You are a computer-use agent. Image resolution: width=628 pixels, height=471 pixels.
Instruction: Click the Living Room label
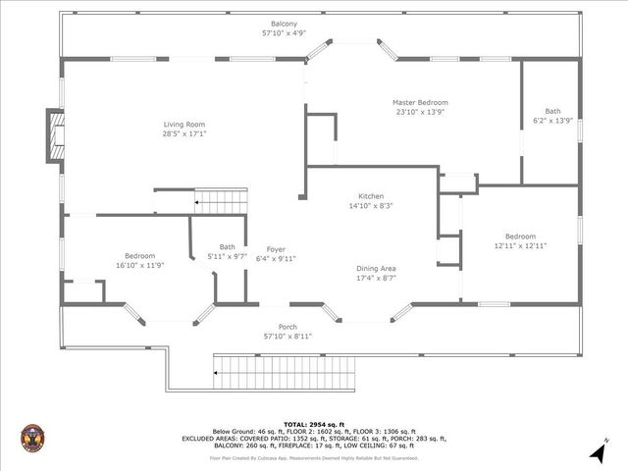[x=184, y=125]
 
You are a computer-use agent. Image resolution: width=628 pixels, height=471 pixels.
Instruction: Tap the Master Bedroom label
[x=420, y=103]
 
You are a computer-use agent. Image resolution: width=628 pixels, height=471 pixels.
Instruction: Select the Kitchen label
[x=371, y=196]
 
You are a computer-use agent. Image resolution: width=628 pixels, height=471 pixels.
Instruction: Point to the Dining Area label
[x=376, y=268]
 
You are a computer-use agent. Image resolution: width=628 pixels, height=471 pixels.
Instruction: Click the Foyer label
[x=276, y=249]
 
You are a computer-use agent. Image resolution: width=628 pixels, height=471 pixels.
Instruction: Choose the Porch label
[x=288, y=327]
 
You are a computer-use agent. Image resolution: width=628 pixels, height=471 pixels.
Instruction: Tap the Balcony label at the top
[x=285, y=24]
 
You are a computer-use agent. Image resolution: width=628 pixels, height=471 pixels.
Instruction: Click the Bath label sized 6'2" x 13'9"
[x=552, y=111]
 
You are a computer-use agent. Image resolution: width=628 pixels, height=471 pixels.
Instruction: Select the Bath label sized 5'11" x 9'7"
[x=228, y=247]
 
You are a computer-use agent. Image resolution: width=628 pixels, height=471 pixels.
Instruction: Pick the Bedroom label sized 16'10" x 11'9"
[x=139, y=255]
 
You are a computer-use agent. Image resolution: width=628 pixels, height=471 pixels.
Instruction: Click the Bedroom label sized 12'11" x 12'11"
[x=520, y=236]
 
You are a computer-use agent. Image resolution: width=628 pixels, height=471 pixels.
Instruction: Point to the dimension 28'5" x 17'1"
[x=184, y=134]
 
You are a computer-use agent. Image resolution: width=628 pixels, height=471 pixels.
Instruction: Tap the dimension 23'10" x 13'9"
[x=420, y=113]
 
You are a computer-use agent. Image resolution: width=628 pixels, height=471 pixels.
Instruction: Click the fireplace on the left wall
[x=55, y=136]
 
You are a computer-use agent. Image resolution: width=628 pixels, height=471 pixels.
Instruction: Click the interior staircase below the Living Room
[x=222, y=202]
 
